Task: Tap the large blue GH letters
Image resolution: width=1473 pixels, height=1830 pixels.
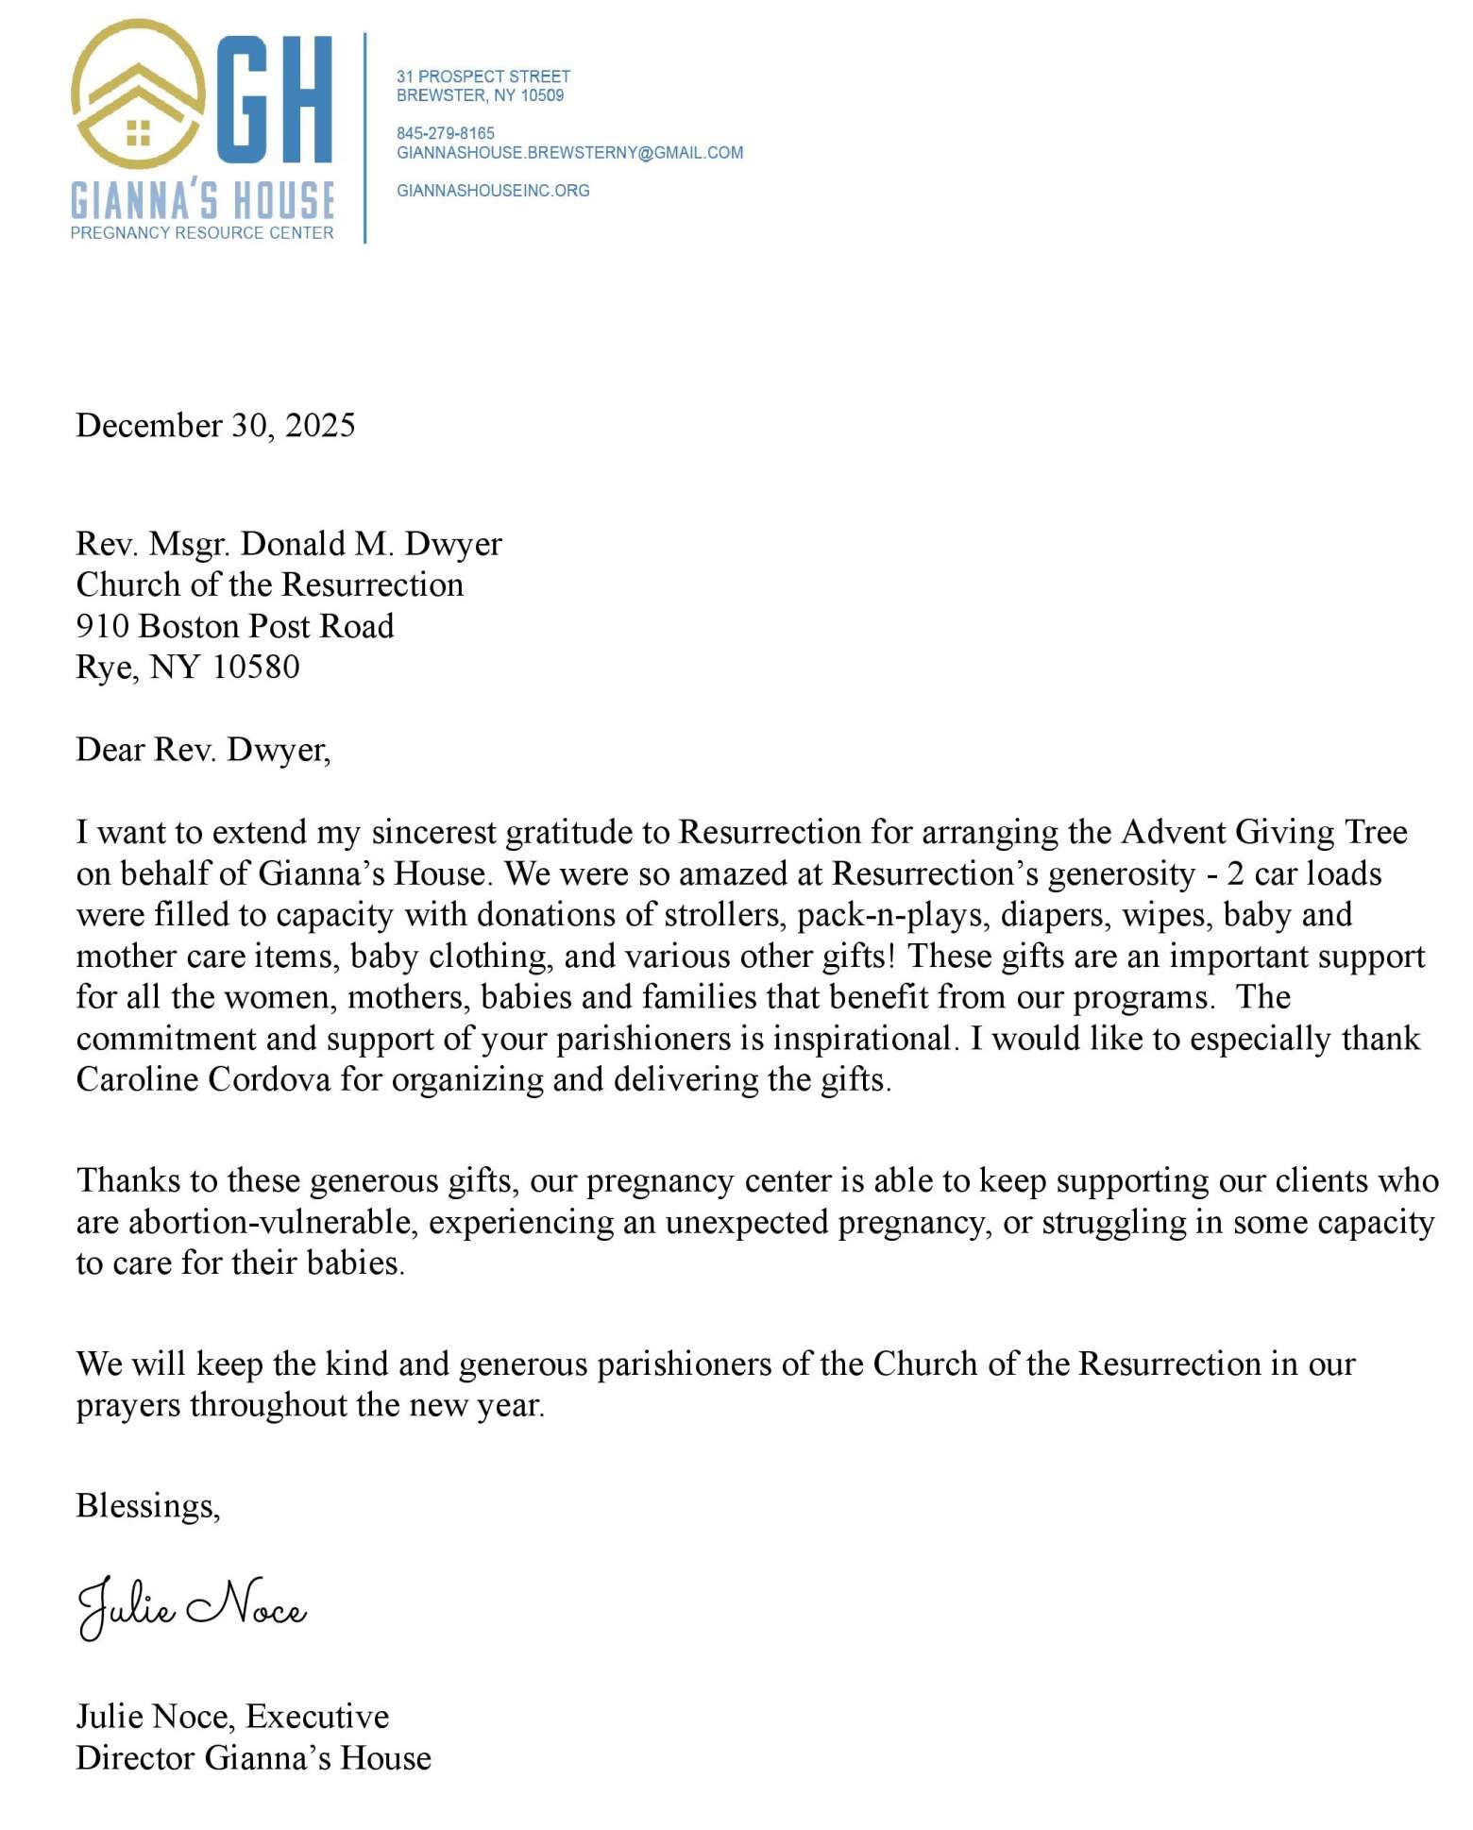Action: coord(276,99)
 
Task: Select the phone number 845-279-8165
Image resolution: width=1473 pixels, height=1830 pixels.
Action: coord(446,133)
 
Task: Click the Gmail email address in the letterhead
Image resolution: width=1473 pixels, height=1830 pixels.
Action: coord(569,153)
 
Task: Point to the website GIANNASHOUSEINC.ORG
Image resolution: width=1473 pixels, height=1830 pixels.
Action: coord(493,191)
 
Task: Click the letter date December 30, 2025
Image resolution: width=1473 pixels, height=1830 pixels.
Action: coord(215,426)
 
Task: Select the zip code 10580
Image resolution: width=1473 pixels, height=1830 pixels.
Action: coord(256,668)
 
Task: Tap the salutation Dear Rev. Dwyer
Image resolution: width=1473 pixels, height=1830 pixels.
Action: coord(203,750)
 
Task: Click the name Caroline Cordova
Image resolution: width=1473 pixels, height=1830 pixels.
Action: coord(203,1079)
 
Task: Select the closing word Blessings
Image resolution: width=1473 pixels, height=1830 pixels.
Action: coord(147,1505)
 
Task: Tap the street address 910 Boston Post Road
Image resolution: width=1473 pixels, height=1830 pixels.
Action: coord(234,626)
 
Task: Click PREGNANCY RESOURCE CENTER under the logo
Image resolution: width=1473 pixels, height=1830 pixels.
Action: coord(202,233)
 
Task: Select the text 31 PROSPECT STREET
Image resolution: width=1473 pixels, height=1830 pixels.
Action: coord(483,76)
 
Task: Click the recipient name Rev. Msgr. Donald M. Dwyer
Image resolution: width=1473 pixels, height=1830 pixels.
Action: coord(289,544)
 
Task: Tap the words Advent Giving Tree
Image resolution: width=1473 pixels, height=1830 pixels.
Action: coord(1264,832)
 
